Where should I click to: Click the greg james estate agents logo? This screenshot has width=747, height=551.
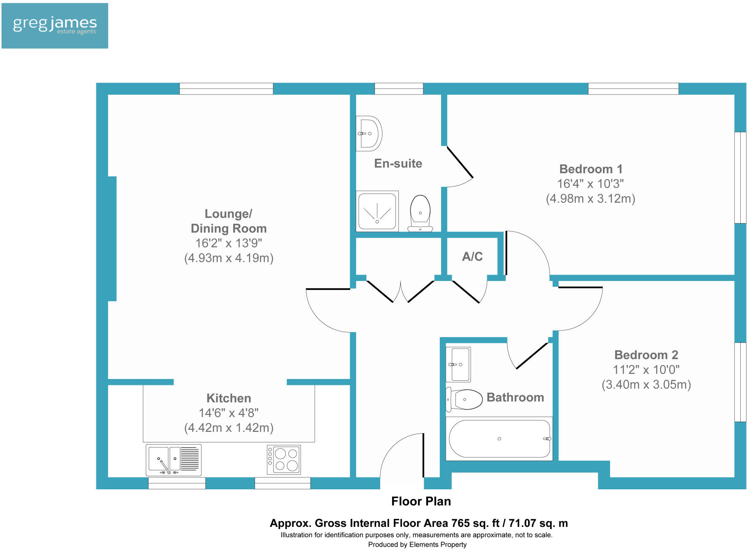[x=55, y=26]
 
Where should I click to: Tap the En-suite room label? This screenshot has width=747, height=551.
[x=398, y=164]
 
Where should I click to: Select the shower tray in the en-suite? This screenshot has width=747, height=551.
[x=377, y=211]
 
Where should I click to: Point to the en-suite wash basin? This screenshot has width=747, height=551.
[x=369, y=134]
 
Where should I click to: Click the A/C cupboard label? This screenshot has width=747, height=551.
[x=472, y=256]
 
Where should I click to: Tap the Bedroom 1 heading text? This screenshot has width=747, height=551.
[x=591, y=169]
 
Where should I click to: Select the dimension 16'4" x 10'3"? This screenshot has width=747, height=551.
[x=590, y=184]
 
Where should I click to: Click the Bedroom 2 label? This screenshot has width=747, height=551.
[x=646, y=355]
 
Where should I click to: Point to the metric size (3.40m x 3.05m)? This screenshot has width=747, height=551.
[x=646, y=385]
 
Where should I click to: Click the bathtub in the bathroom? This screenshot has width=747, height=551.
[x=499, y=439]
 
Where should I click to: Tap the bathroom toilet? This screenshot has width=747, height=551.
[x=465, y=399]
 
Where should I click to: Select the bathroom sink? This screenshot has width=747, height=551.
[x=458, y=364]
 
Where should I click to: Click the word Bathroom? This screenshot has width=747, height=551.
[x=515, y=397]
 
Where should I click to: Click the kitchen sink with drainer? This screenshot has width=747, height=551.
[x=174, y=459]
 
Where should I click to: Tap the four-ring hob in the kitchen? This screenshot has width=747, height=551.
[x=284, y=460]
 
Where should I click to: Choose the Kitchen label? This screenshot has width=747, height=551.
[x=229, y=398]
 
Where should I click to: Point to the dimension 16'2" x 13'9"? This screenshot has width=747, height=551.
[x=229, y=243]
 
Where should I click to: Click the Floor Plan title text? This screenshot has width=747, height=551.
[x=421, y=501]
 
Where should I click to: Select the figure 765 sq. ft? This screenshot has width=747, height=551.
[x=475, y=523]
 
